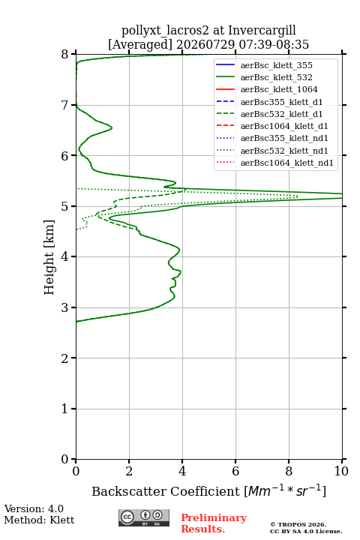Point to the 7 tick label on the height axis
tap(64, 105)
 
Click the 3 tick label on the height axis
tap(64, 307)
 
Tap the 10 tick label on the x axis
tap(341, 471)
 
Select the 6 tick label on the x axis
tap(235, 471)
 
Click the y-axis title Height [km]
tap(49, 257)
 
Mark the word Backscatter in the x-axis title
tap(130, 491)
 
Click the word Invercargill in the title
tap(262, 31)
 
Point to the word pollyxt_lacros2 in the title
tap(165, 31)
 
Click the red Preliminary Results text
tap(214, 523)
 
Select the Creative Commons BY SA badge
tap(144, 518)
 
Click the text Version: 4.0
tap(34, 508)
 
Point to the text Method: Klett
tap(39, 520)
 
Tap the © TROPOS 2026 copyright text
tap(298, 524)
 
